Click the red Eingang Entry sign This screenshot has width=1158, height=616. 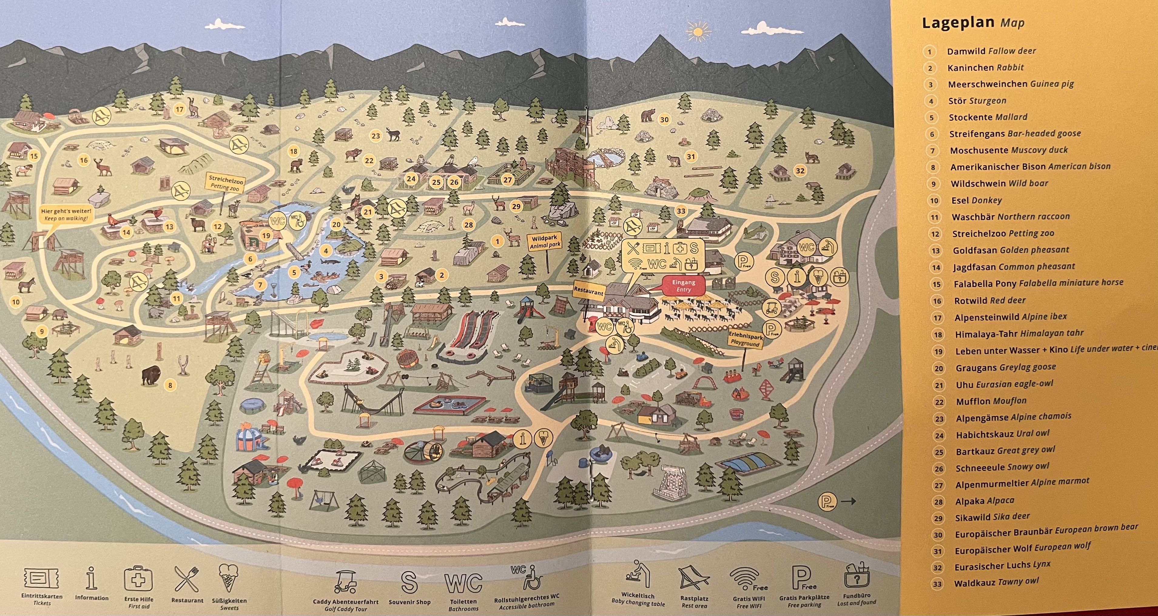tap(683, 285)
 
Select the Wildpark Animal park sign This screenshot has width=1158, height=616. tap(544, 241)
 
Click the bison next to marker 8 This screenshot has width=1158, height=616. tap(151, 375)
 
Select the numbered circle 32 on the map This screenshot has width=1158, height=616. tap(800, 171)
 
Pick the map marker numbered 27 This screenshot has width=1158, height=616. tap(507, 180)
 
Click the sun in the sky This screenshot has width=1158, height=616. tap(697, 32)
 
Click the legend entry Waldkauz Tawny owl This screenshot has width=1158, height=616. tap(996, 583)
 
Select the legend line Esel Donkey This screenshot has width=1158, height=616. tap(976, 200)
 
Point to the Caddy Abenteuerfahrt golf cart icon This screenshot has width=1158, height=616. tap(345, 582)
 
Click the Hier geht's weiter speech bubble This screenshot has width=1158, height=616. tap(66, 214)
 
